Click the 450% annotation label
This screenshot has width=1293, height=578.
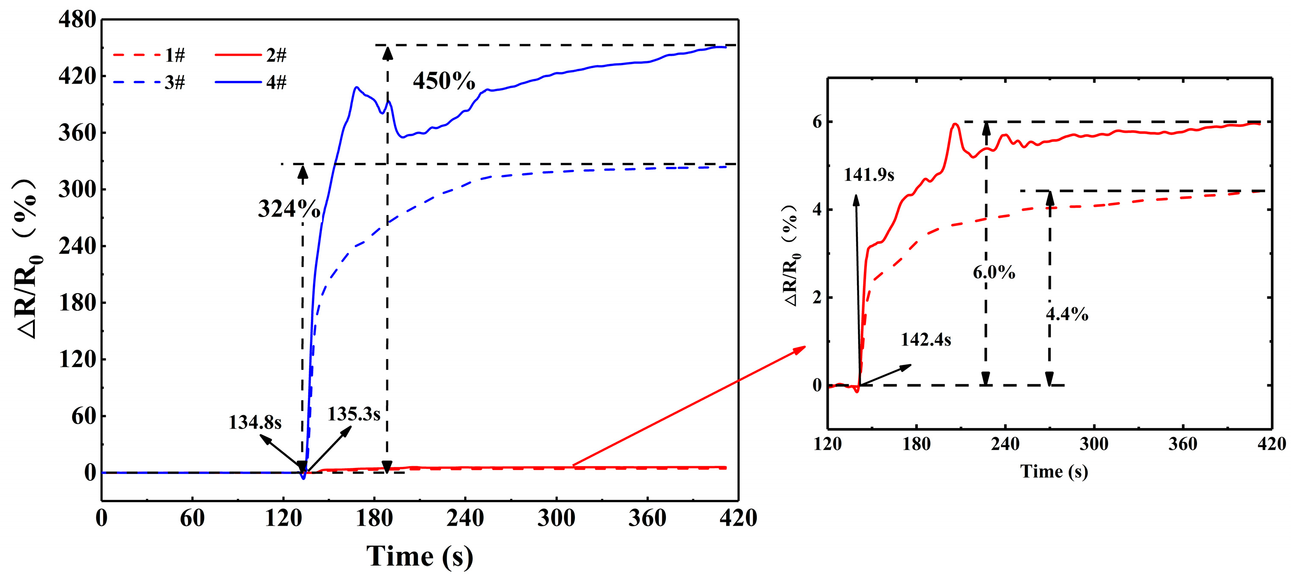444,81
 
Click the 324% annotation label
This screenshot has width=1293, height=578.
289,208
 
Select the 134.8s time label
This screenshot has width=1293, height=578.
255,422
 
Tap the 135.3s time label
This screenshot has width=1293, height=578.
354,414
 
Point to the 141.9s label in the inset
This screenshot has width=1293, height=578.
869,175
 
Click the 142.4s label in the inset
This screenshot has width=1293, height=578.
926,340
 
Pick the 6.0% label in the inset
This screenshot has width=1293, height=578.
994,273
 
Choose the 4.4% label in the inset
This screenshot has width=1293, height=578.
1067,314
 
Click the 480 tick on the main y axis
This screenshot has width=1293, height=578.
77,20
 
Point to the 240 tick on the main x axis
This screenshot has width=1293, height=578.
465,518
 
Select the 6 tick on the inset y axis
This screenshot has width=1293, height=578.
817,122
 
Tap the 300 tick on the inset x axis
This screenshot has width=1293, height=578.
1094,443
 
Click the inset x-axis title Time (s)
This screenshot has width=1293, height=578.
1054,471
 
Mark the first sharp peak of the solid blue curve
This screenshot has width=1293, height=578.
356,87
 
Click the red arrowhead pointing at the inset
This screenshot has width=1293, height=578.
800,349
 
